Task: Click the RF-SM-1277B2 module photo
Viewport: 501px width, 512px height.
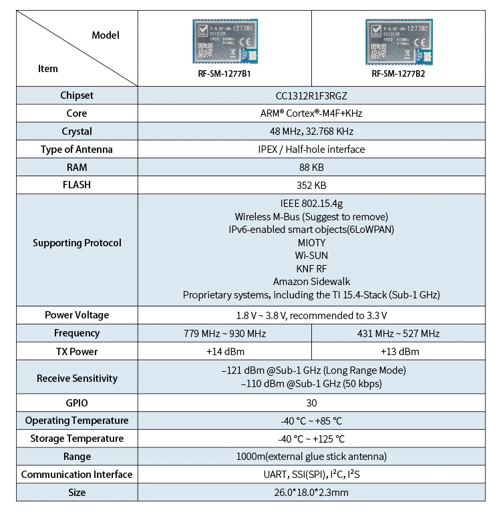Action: (x=398, y=41)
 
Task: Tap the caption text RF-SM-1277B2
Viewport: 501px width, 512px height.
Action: (x=398, y=74)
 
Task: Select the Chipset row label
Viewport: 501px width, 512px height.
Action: (x=77, y=95)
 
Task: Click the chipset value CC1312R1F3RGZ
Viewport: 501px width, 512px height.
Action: (x=311, y=95)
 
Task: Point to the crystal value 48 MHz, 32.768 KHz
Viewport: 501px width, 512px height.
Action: (x=311, y=132)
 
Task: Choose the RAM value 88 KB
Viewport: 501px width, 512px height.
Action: (x=311, y=168)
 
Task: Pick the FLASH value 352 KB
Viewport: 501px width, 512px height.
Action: (x=311, y=186)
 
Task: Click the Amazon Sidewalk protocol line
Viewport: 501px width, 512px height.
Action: (x=311, y=282)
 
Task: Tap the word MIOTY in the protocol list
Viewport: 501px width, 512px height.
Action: (x=311, y=242)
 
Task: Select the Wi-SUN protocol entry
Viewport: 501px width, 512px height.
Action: (x=311, y=256)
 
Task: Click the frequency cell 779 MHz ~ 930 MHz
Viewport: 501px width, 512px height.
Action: (x=224, y=333)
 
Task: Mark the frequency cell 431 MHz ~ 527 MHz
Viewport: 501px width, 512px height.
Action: (x=399, y=333)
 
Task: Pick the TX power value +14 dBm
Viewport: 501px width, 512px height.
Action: (x=224, y=351)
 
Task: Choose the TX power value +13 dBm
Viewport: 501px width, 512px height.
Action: (x=399, y=351)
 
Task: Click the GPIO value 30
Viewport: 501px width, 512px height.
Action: (x=311, y=403)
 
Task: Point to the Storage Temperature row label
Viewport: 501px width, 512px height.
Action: (x=77, y=439)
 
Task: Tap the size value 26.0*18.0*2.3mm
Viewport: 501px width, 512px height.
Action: (x=311, y=493)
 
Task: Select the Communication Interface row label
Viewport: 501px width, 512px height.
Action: (x=77, y=475)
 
